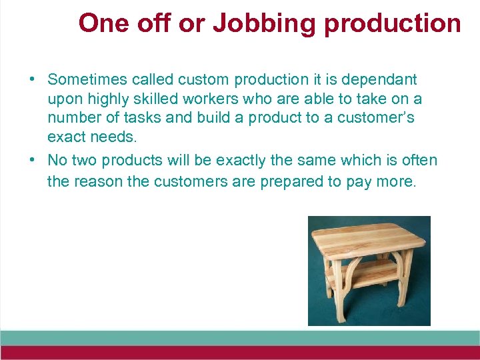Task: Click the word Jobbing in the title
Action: point(251,23)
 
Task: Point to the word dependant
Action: point(379,80)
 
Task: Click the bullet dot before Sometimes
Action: point(32,80)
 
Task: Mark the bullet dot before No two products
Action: point(32,161)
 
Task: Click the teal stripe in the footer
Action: point(240,337)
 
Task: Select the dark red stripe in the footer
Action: point(240,353)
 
